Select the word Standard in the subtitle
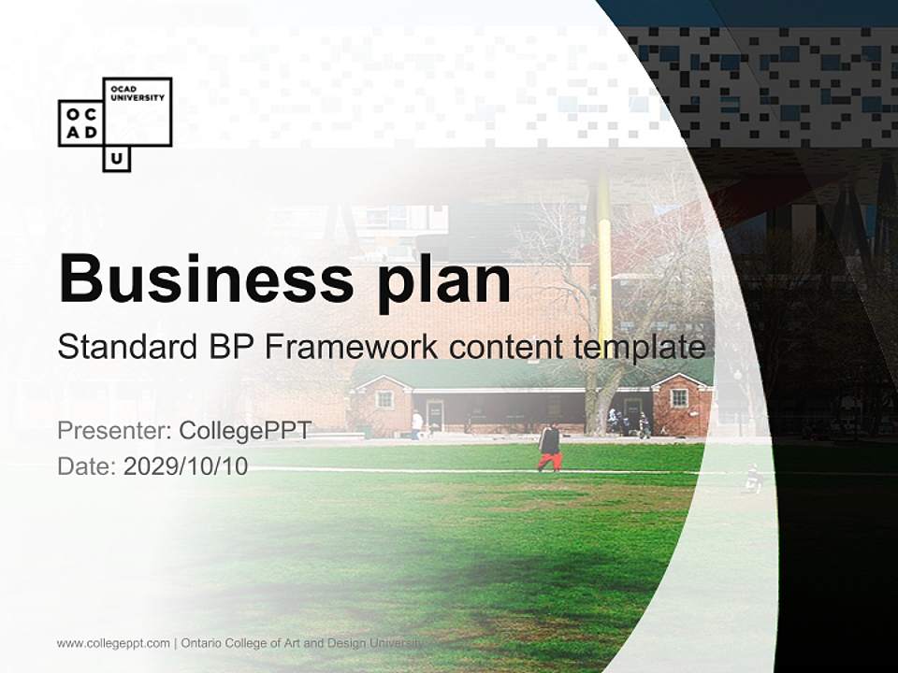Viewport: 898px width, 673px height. (123, 347)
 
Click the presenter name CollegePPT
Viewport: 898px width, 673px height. (244, 431)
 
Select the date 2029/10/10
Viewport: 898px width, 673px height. (185, 465)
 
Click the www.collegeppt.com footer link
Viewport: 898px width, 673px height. (113, 643)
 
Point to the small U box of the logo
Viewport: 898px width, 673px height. (116, 160)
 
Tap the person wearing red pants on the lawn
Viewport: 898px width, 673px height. (549, 448)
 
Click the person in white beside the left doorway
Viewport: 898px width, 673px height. (416, 423)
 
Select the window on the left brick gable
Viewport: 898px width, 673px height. (384, 398)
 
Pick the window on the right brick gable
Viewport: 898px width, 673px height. (679, 396)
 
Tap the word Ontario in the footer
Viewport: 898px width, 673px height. (202, 643)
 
